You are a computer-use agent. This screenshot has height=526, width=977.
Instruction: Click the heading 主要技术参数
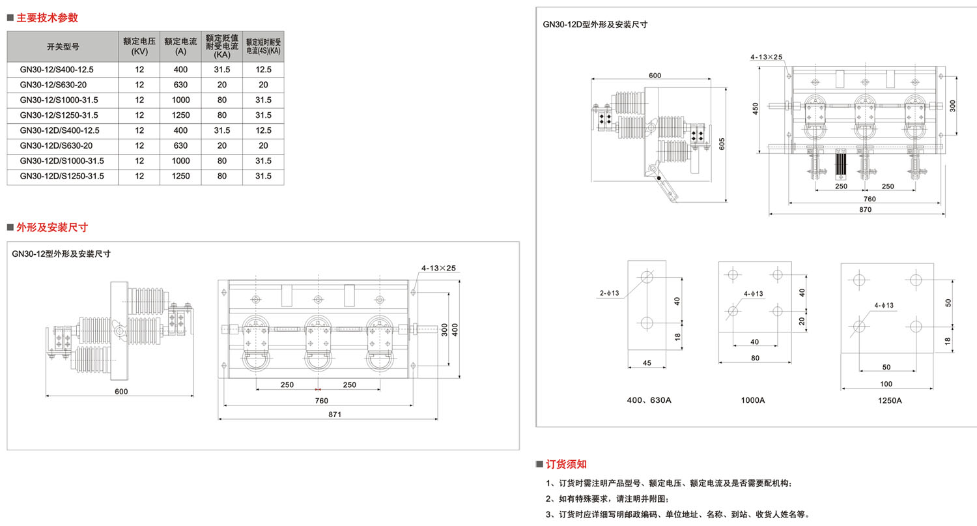pos(47,18)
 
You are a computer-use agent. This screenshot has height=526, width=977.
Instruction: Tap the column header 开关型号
pos(63,46)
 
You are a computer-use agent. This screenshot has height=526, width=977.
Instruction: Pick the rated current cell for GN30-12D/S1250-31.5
pos(180,176)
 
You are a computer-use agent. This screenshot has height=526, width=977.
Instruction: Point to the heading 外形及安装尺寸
pos(52,227)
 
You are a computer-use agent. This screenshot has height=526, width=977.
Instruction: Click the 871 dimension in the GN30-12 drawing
pos(335,414)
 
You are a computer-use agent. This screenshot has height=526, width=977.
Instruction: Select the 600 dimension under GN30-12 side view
pos(121,391)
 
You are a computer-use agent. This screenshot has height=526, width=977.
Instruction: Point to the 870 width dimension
pos(865,209)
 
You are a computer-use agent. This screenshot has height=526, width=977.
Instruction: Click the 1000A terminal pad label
pos(753,400)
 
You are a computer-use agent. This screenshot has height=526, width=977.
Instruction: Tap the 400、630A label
pos(648,400)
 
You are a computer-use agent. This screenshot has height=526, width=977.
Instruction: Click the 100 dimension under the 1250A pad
pos(886,384)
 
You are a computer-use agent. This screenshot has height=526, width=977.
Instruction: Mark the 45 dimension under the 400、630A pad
pos(647,363)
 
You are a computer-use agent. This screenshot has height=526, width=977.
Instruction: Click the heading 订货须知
pos(566,464)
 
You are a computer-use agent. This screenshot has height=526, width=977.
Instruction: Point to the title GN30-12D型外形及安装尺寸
pos(595,24)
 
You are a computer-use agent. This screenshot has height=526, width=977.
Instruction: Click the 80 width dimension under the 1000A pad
pos(754,358)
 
